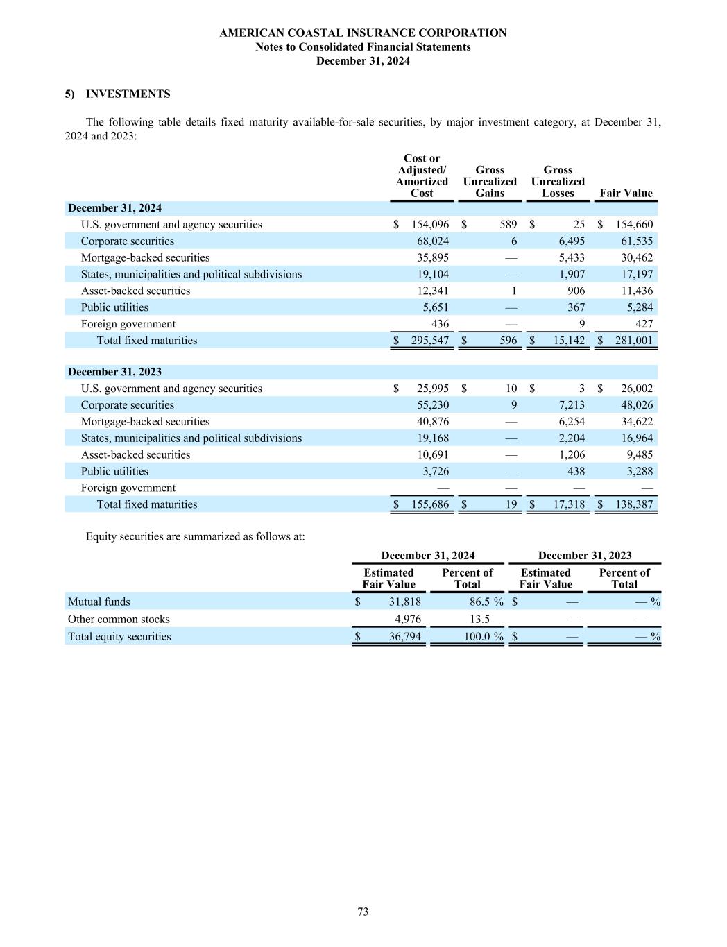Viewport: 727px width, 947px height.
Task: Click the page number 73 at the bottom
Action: pyautogui.click(x=363, y=912)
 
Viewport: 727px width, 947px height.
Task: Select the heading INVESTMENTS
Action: pyautogui.click(x=128, y=94)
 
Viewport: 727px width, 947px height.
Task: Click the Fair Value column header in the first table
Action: pyautogui.click(x=626, y=193)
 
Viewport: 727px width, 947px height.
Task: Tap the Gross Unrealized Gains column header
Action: pyautogui.click(x=490, y=181)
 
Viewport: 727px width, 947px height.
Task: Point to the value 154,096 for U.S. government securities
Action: pyautogui.click(x=430, y=224)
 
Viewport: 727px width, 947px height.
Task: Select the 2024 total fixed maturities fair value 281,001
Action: pyautogui.click(x=633, y=340)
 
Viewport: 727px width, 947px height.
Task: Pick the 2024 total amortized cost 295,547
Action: pyautogui.click(x=429, y=340)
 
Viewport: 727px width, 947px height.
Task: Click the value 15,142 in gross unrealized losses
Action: pyautogui.click(x=567, y=340)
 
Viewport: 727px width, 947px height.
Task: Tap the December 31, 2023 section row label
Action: pyautogui.click(x=114, y=372)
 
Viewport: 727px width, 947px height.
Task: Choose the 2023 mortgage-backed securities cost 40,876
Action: pyautogui.click(x=432, y=421)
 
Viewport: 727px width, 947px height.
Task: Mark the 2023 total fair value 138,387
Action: pyautogui.click(x=633, y=504)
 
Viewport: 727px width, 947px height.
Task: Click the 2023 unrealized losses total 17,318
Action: pyautogui.click(x=567, y=504)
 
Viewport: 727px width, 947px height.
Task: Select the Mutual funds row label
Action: pyautogui.click(x=99, y=602)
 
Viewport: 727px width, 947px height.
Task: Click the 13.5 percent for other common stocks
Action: pyautogui.click(x=479, y=619)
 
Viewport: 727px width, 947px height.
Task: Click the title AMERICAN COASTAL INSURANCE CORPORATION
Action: pyautogui.click(x=363, y=33)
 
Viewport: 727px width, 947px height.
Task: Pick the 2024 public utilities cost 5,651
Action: pyautogui.click(x=436, y=307)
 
